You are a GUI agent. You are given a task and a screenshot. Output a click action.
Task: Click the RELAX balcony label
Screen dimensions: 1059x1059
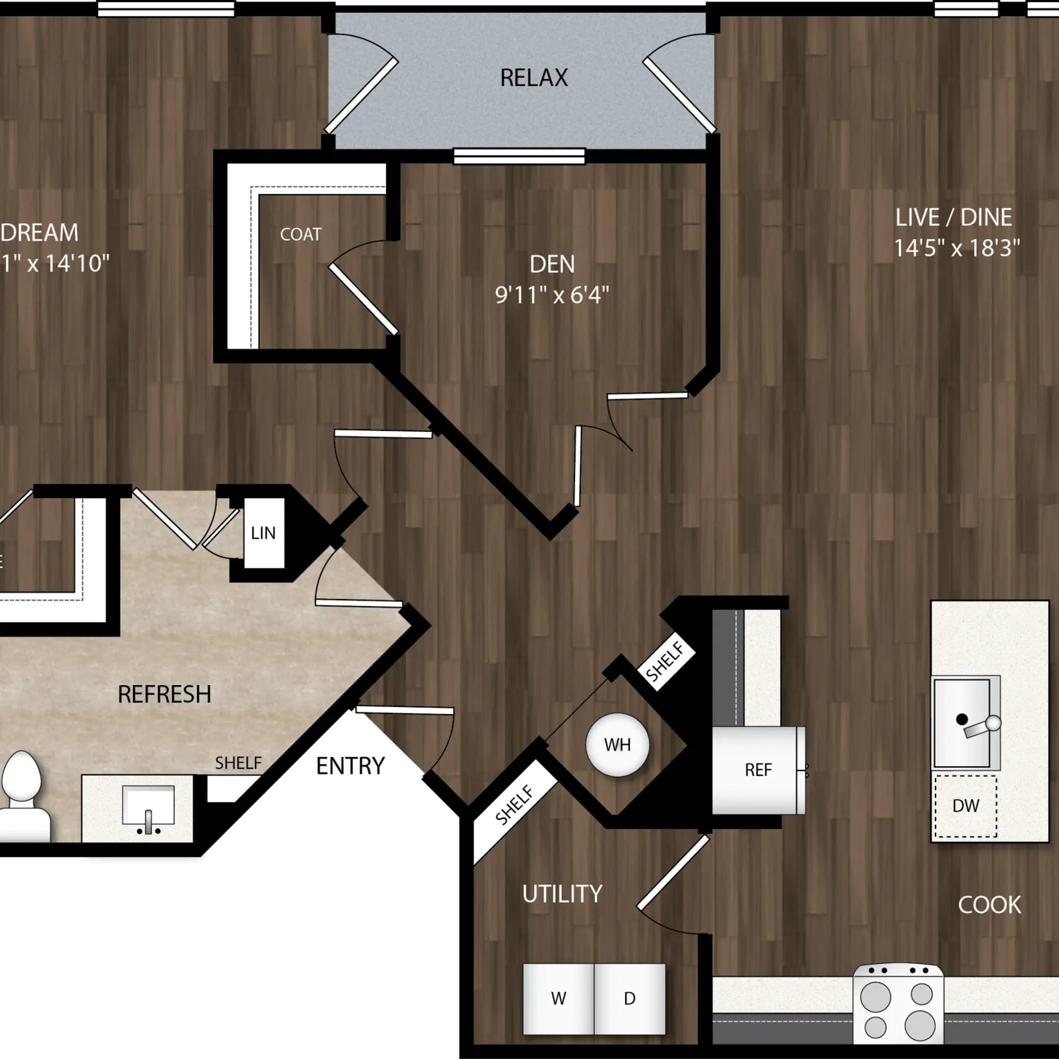click(533, 78)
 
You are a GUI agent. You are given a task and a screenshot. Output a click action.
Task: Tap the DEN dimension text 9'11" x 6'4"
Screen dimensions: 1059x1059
click(551, 295)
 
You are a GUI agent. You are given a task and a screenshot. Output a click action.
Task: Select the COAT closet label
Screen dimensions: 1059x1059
click(300, 235)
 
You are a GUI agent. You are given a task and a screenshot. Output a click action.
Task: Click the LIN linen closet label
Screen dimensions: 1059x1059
click(263, 533)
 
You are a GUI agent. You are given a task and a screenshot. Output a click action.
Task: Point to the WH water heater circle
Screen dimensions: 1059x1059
click(617, 745)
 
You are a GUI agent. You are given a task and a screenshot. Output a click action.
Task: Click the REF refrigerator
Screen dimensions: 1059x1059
click(758, 770)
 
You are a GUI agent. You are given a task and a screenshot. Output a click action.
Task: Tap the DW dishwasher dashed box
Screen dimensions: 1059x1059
click(965, 806)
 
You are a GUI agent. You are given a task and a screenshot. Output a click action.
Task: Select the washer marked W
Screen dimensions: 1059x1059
click(558, 999)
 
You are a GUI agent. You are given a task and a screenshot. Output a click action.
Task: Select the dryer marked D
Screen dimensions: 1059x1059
click(629, 999)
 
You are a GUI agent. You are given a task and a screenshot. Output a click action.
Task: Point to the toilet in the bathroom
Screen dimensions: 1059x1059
click(22, 795)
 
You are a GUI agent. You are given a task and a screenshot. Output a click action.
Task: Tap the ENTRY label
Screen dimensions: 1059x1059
click(350, 766)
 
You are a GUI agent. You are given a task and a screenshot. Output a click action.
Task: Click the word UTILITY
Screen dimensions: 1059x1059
click(562, 894)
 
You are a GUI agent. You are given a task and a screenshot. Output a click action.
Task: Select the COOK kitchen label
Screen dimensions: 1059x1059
click(989, 905)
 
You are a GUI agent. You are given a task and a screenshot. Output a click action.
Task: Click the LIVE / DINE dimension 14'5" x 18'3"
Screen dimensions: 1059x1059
click(957, 248)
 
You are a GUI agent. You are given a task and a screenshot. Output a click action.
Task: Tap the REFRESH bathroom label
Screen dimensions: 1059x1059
click(164, 694)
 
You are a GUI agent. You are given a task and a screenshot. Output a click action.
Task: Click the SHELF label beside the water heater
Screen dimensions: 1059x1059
click(665, 661)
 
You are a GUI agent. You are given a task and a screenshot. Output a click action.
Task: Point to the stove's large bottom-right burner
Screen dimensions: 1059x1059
click(920, 1025)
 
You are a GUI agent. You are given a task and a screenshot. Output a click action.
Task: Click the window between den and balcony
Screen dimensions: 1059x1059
click(519, 156)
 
